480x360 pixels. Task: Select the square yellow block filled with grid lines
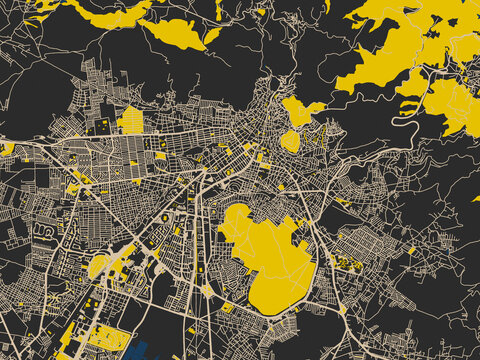[x=131, y=120]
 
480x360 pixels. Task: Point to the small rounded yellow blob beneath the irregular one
[x=290, y=141]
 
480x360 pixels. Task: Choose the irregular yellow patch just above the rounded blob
[x=300, y=112]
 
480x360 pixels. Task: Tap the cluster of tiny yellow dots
[x=347, y=262]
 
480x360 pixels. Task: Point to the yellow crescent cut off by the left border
[x=6, y=149]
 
